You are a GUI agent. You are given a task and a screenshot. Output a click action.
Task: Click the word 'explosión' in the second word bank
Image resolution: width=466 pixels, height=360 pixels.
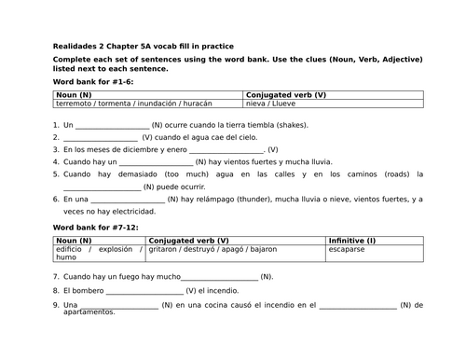click(x=116, y=250)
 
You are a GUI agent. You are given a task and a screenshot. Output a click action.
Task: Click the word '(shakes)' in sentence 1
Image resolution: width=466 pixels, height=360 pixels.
click(x=291, y=124)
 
